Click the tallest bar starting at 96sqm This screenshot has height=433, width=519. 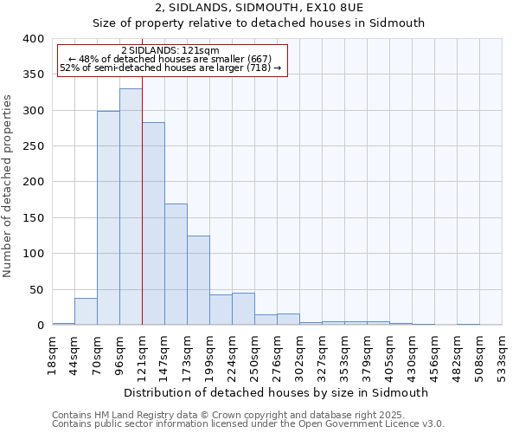click(x=131, y=207)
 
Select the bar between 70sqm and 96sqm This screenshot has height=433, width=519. click(x=108, y=218)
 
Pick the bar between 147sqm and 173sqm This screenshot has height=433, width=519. click(x=176, y=264)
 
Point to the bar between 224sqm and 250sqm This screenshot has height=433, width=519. click(x=243, y=309)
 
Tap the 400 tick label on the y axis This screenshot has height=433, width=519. click(x=32, y=39)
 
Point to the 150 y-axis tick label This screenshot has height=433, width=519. click(x=32, y=218)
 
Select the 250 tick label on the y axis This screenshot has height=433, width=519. click(x=32, y=146)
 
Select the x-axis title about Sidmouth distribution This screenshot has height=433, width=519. click(x=276, y=392)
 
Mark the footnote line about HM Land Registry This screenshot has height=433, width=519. click(x=247, y=415)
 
